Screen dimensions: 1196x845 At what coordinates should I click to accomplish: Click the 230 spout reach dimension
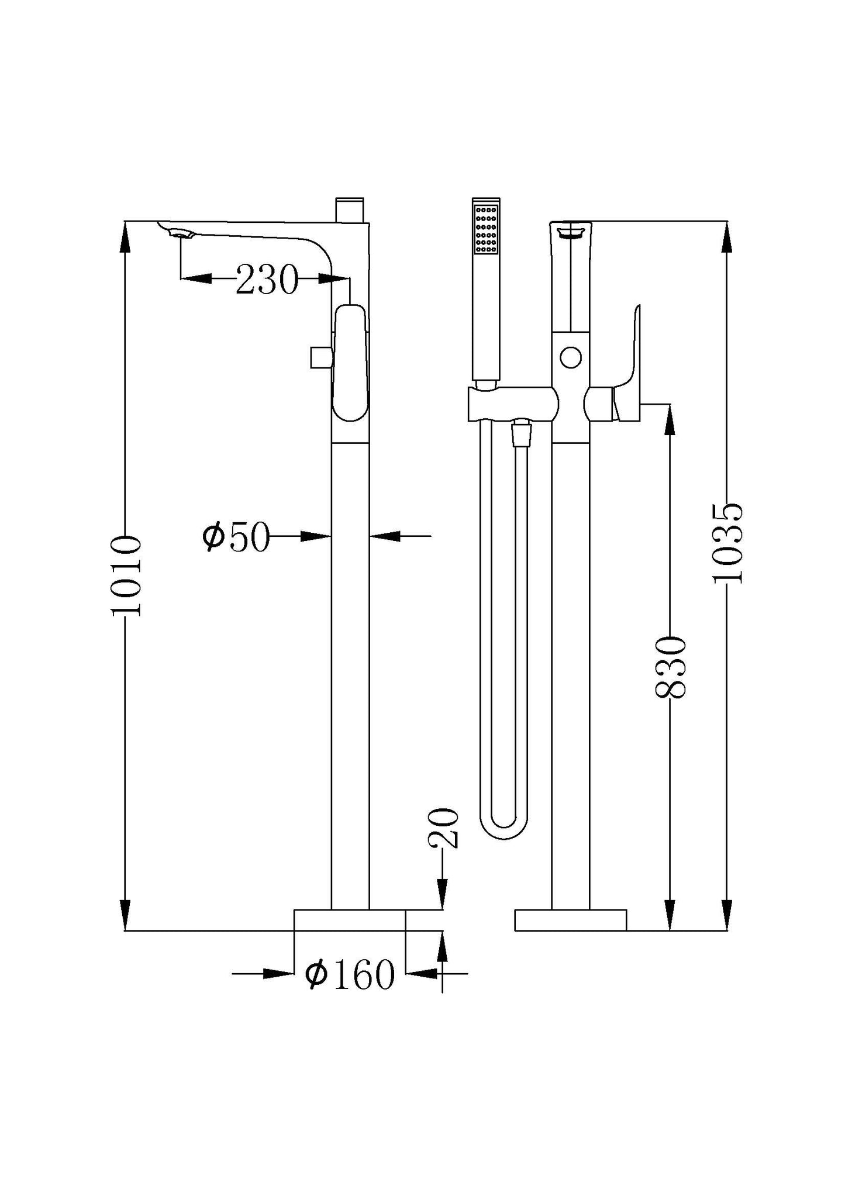(266, 280)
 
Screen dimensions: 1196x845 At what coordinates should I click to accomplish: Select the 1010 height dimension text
(126, 575)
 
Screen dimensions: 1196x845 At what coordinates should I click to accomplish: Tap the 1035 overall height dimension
(728, 543)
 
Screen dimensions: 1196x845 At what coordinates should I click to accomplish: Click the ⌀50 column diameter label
(236, 536)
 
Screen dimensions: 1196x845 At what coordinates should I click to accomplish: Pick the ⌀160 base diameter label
(350, 974)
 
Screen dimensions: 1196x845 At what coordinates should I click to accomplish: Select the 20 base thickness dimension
(443, 828)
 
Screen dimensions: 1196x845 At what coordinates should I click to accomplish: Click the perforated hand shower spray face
(486, 229)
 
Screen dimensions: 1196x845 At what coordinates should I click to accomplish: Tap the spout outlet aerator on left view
(181, 235)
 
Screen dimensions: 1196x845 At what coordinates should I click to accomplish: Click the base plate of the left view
(350, 919)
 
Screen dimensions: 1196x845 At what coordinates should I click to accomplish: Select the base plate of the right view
(570, 919)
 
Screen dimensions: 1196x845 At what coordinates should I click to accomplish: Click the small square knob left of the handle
(321, 357)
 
